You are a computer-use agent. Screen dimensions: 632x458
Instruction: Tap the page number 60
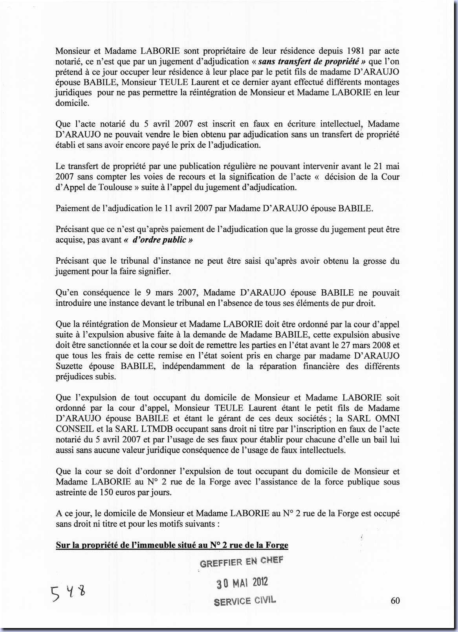395,600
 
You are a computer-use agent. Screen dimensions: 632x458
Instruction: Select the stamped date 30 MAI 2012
242,583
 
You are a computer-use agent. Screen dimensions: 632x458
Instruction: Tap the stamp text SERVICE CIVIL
245,601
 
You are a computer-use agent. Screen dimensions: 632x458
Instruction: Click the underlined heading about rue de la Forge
172,545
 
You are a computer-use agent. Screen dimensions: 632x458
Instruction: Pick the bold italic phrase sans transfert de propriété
310,61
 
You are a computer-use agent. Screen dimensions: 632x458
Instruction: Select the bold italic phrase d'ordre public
158,240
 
